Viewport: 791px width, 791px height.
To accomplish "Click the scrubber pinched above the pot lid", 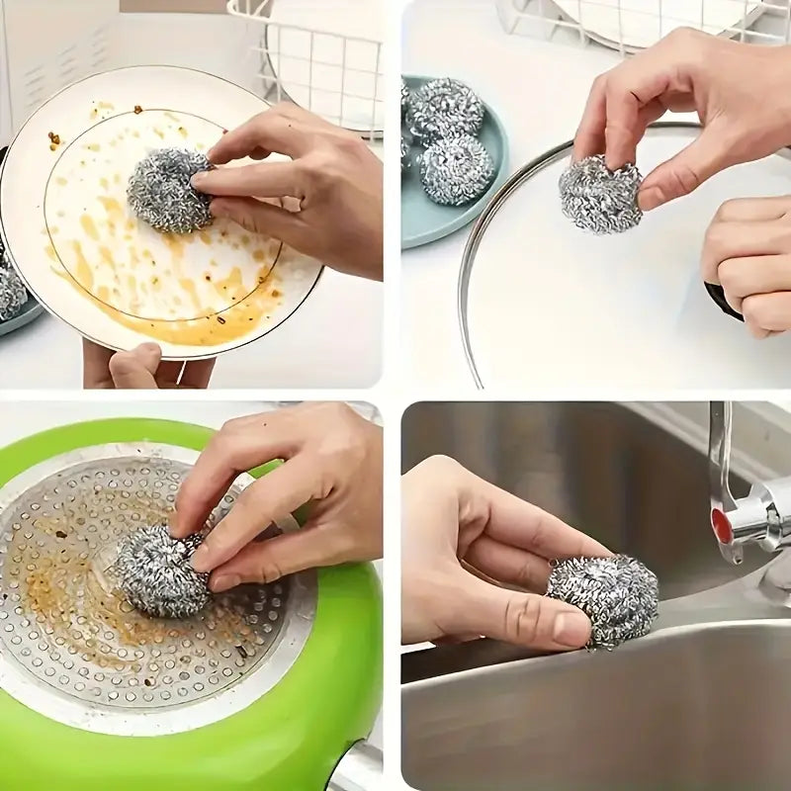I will pos(599,193).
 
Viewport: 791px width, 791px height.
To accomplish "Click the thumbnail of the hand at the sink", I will pos(571,629).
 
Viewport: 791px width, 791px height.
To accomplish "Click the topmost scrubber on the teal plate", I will pos(447,106).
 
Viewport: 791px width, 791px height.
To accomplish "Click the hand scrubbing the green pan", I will pos(287,494).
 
